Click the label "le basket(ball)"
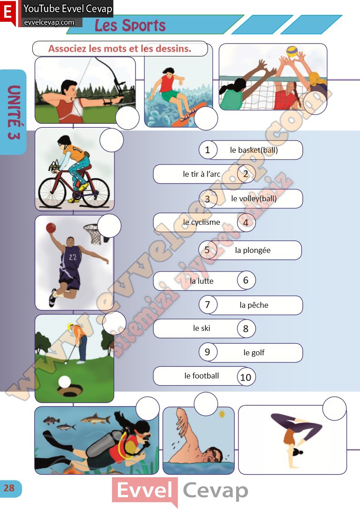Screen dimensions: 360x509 pos(254,150)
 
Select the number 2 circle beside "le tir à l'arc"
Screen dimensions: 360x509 pos(246,174)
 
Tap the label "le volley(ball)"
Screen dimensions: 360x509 pos(254,199)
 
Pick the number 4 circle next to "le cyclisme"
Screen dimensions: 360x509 pos(246,223)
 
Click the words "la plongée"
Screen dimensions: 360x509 pos(253,250)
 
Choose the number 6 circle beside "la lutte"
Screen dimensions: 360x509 pos(246,280)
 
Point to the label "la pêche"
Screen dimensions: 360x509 pos(254,305)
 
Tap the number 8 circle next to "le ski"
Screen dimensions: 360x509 pos(246,329)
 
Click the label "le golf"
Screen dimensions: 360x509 pos(254,353)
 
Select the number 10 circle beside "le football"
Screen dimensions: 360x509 pos(246,377)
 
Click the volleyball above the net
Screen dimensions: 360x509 pos(292,51)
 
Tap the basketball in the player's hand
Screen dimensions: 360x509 pos(51,228)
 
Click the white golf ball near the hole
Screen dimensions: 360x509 pos(64,382)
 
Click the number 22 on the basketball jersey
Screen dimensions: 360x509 pos(73,257)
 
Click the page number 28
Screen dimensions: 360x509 pos(9,488)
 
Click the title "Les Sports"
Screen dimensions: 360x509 pos(130,25)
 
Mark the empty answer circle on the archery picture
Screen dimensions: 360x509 pos(127,117)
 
